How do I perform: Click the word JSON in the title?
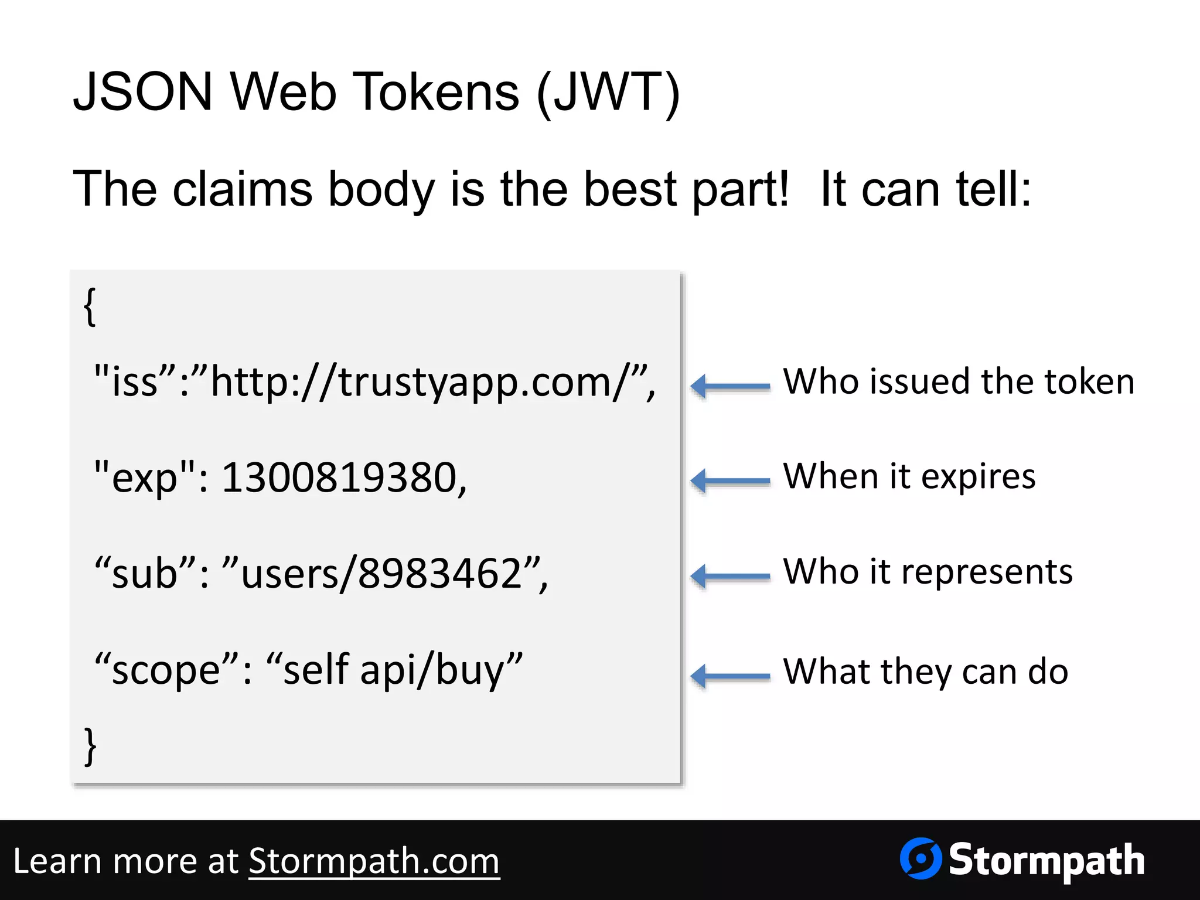click(x=142, y=92)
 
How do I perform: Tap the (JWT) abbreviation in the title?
click(x=608, y=92)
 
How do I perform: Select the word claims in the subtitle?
click(x=243, y=189)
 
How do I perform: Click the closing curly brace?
click(x=90, y=746)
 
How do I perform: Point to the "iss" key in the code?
click(x=135, y=381)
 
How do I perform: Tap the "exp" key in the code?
click(x=144, y=478)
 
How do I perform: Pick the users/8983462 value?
click(x=381, y=574)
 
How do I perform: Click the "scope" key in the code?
click(x=167, y=670)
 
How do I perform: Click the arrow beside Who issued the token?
click(x=730, y=386)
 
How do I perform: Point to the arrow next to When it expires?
click(x=730, y=481)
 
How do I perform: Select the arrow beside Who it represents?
click(x=730, y=576)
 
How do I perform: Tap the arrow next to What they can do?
click(x=730, y=676)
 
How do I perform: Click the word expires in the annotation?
click(x=978, y=477)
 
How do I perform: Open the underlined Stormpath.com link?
click(x=374, y=861)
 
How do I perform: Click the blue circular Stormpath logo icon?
click(x=921, y=858)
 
